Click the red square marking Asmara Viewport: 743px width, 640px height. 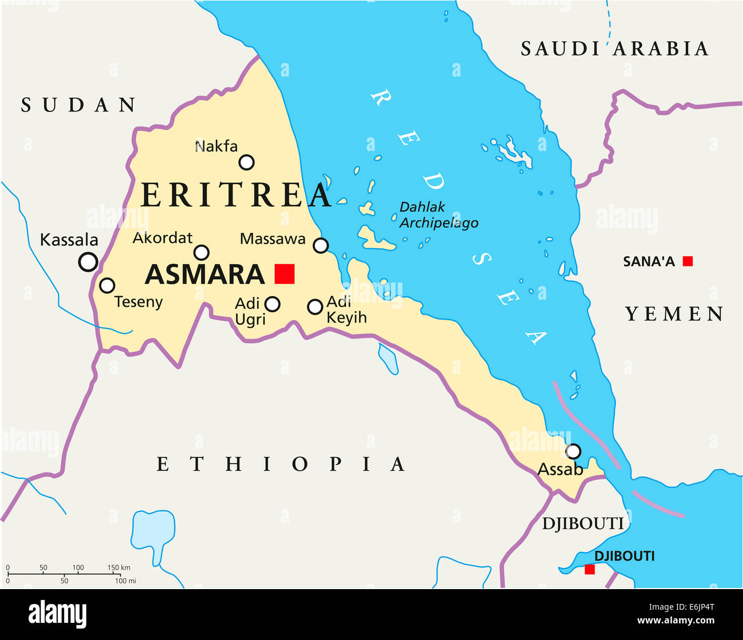coord(284,274)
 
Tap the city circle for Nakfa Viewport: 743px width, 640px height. coord(246,162)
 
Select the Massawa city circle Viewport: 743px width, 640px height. coord(321,245)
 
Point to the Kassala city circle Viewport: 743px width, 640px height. coord(88,261)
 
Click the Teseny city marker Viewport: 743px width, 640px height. coord(107,285)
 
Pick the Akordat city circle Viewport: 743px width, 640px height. coord(202,252)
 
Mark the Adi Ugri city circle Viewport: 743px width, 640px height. coord(273,304)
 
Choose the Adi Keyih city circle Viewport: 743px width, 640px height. coord(315,307)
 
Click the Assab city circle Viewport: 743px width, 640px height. coord(573,451)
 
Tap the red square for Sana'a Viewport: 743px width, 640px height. coord(688,261)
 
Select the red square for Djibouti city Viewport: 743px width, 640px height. coord(590,569)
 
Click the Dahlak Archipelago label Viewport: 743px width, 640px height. coord(438,215)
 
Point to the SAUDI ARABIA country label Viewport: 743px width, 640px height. coord(614,49)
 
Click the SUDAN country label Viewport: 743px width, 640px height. coord(79,105)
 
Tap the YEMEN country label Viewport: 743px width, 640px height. coord(674,314)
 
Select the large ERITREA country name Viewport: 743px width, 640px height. coord(236,195)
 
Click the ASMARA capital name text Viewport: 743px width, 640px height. coord(205,275)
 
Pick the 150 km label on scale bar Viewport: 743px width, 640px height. coord(119,567)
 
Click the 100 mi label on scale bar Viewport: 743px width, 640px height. coord(125,581)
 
